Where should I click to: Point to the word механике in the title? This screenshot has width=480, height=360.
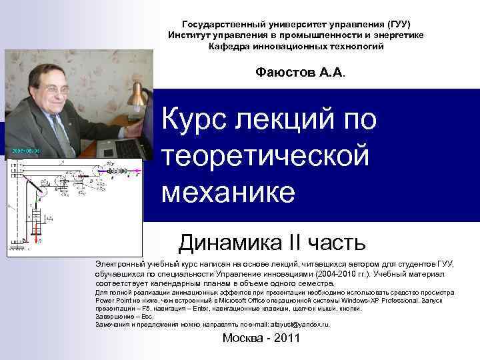coord(227,192)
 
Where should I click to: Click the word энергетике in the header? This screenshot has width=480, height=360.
coord(394,35)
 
